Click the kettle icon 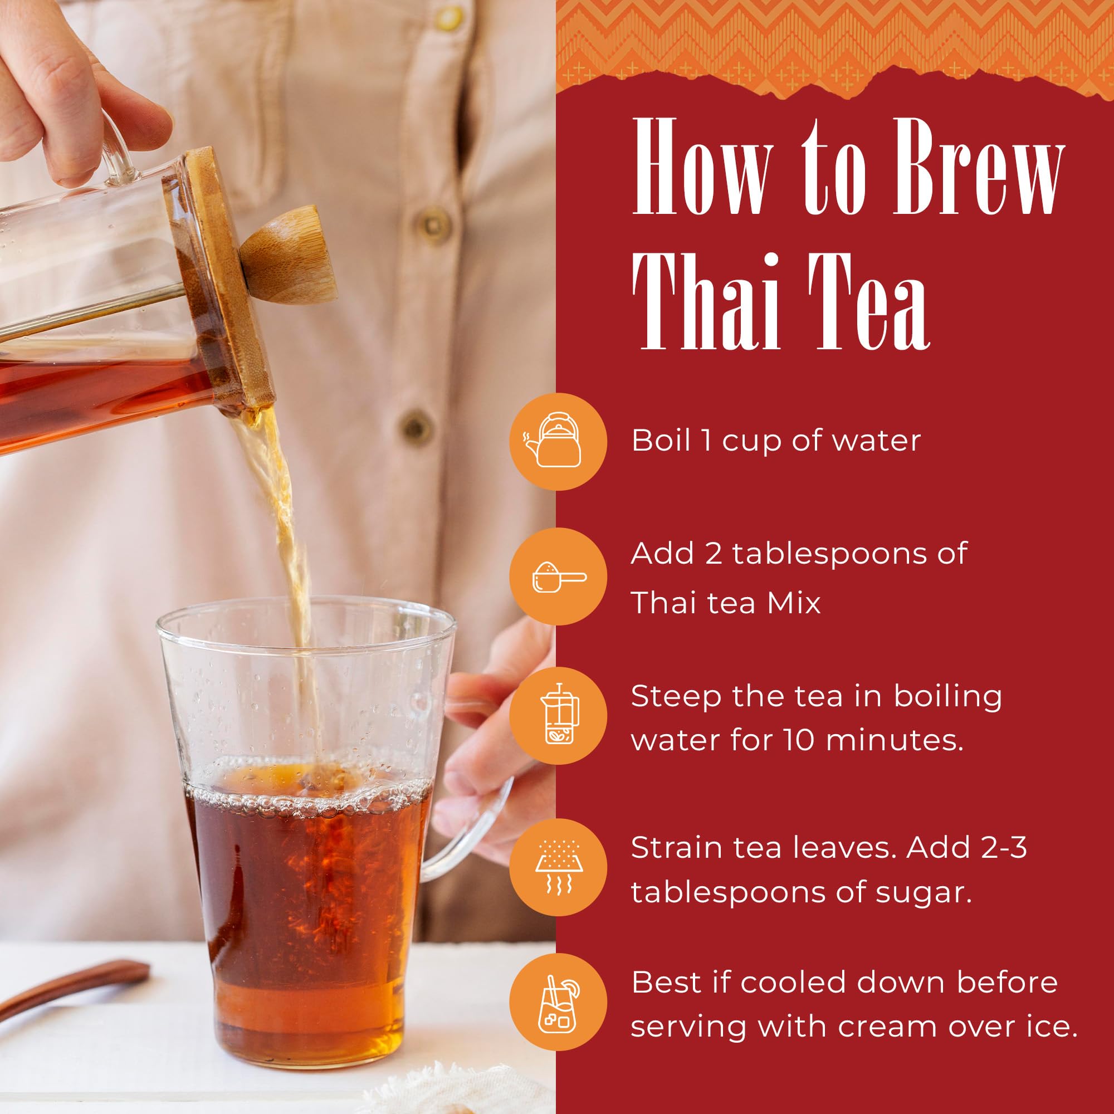[x=558, y=441]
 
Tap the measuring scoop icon [x=558, y=576]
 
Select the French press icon [x=558, y=715]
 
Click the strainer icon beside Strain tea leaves [x=558, y=866]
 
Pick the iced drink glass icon [x=558, y=1001]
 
